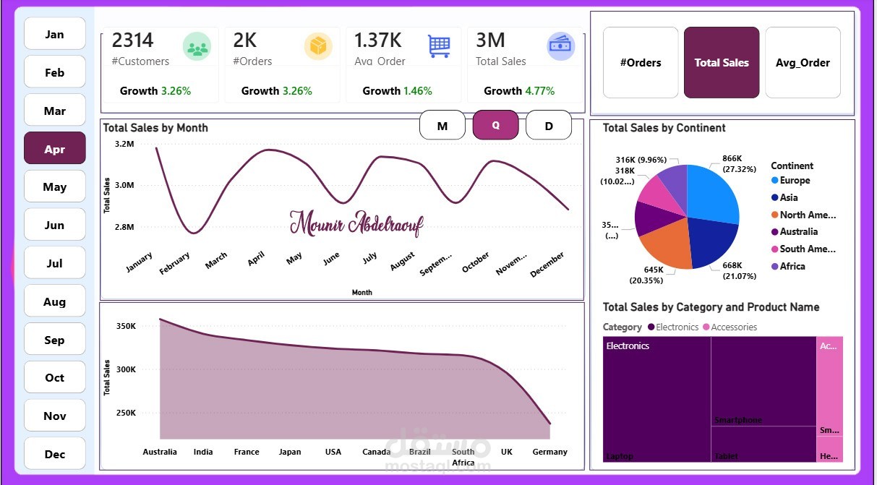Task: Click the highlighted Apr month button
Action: (55, 149)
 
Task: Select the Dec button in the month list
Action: (55, 454)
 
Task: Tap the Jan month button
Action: (55, 34)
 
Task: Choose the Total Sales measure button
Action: (721, 63)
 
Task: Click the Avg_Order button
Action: (803, 63)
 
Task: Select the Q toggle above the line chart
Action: (495, 125)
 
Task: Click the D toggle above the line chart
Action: (549, 126)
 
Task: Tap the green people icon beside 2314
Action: (196, 47)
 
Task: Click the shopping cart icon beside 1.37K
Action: (439, 46)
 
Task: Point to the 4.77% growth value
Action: (539, 91)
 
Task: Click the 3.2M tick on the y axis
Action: (124, 144)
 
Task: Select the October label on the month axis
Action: (476, 263)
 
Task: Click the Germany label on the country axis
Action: (550, 452)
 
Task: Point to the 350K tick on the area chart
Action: (126, 326)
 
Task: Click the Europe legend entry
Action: (794, 181)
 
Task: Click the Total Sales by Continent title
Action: (664, 128)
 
